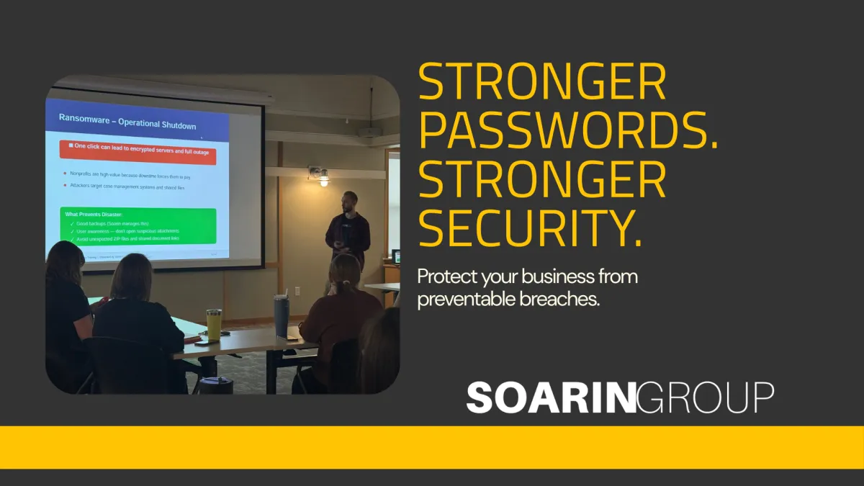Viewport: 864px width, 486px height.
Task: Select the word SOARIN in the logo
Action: pyautogui.click(x=551, y=398)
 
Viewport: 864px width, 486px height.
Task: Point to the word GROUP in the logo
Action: pyautogui.click(x=706, y=398)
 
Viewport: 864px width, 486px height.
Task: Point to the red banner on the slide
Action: pyautogui.click(x=138, y=152)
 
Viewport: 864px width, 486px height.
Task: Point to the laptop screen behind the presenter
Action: pyautogui.click(x=396, y=256)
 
